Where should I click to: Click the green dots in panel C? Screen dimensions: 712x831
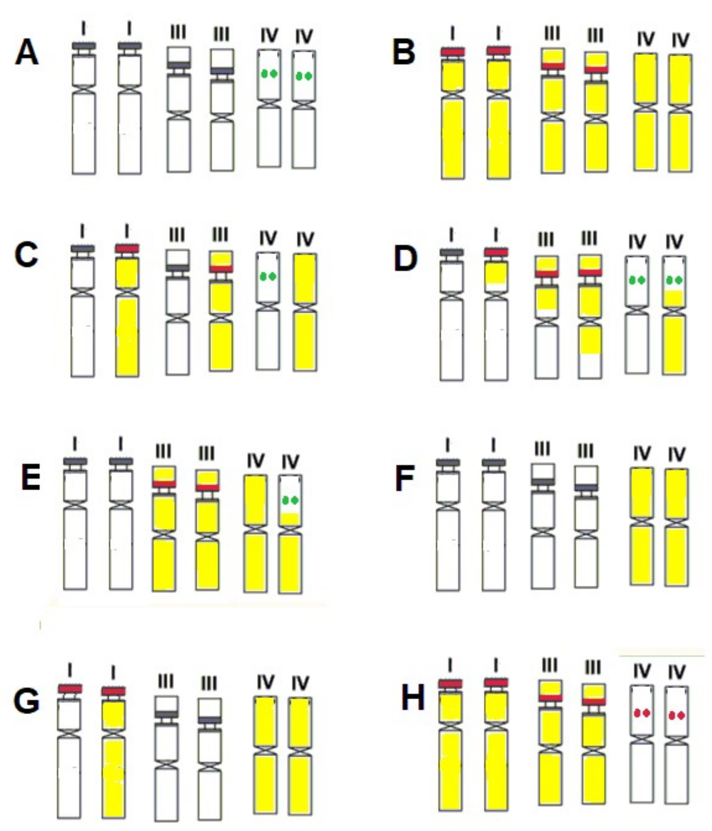268,277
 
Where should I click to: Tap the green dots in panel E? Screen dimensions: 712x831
291,501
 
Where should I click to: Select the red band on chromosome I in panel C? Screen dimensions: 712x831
127,249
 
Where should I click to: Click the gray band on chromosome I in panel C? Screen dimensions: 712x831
83,249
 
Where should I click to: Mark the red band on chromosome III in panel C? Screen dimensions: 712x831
221,268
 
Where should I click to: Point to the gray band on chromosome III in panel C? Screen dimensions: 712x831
178,268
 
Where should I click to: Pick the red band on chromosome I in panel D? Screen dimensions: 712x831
496,252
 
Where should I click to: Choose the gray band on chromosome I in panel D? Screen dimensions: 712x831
452,253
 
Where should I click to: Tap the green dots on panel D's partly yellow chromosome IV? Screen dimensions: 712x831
674,280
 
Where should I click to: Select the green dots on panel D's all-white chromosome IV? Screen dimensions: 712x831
637,280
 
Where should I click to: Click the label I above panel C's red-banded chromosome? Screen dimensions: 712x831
127,231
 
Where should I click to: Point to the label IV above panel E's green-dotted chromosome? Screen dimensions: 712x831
291,462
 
